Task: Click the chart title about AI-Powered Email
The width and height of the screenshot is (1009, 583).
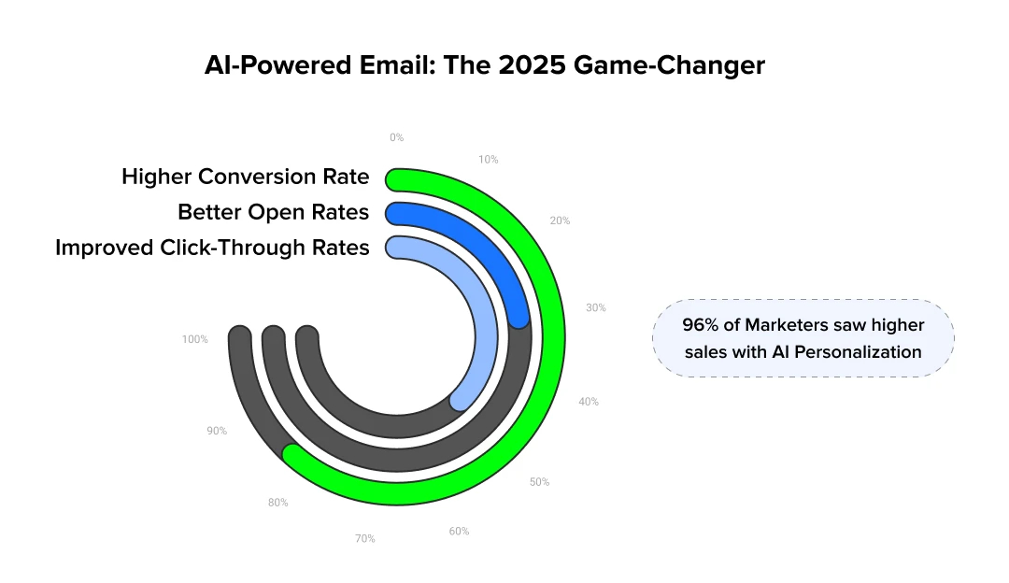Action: point(484,66)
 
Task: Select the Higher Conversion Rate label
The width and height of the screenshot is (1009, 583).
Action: point(245,177)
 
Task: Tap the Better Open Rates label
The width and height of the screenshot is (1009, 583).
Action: point(273,212)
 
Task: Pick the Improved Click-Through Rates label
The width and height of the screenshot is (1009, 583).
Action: point(212,248)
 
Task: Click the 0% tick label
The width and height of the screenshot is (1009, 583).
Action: point(397,137)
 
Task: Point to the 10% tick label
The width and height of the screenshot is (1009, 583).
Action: point(488,160)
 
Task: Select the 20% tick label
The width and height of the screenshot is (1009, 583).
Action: point(560,220)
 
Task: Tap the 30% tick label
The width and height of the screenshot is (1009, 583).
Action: point(595,307)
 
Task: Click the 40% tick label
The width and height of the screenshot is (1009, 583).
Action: point(589,402)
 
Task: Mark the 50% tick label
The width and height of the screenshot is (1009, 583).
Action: point(539,482)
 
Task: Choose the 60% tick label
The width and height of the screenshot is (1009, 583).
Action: point(459,531)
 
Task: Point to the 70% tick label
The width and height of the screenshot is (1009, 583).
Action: point(364,538)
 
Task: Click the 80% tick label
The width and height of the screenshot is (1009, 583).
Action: point(277,502)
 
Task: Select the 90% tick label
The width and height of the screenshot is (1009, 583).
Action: point(217,431)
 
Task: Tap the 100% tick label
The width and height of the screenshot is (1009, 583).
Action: point(195,339)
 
